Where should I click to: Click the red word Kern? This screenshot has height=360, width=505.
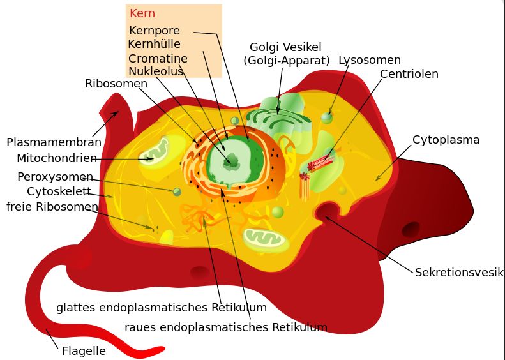pos(142,13)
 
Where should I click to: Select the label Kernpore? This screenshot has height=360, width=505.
pos(155,31)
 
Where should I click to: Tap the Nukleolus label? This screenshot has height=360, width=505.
pos(156,71)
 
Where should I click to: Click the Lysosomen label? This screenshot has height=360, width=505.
pos(370,60)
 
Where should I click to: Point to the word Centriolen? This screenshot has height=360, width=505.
pos(409,74)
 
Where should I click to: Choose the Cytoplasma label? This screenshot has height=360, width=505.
pos(446,140)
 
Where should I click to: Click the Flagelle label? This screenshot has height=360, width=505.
pos(84,350)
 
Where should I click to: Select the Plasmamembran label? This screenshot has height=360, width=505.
pos(54,142)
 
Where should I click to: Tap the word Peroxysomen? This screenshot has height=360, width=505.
pos(55,177)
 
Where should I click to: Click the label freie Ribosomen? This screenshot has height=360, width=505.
pos(52,207)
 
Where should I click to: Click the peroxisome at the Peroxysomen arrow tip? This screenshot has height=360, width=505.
pos(177,192)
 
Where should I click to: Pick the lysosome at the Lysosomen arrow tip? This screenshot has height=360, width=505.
pos(327,118)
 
